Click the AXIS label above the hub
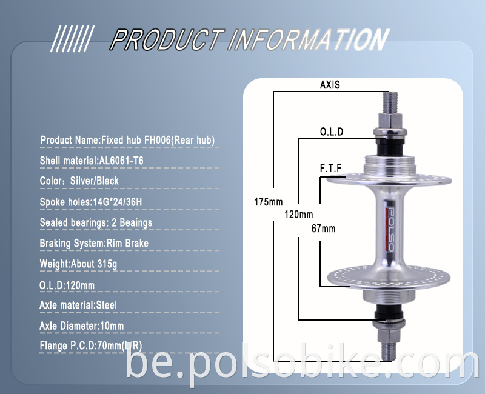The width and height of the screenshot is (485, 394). tap(330, 85)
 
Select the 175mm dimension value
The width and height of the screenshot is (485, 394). tap(268, 201)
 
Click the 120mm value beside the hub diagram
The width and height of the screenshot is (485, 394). tap(298, 215)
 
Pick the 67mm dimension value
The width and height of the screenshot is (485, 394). tap(323, 229)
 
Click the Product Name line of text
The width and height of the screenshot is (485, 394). tap(127, 141)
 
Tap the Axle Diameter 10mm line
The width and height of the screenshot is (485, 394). tap(81, 326)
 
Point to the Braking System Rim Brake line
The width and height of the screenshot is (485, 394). tap(94, 244)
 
